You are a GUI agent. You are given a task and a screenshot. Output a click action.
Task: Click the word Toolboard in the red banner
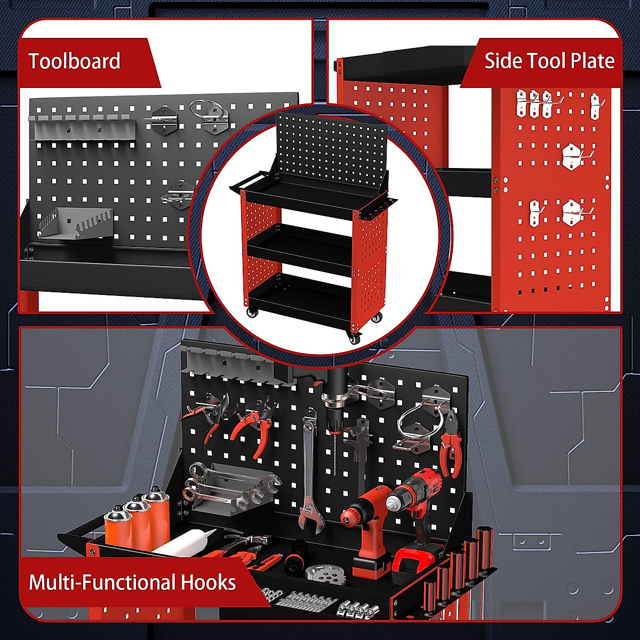(x=74, y=61)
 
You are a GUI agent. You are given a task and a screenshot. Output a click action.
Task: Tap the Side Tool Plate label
(x=549, y=61)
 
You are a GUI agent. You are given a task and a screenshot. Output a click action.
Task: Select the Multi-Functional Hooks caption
(x=132, y=582)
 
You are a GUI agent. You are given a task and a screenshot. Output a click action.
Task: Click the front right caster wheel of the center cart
(x=353, y=337)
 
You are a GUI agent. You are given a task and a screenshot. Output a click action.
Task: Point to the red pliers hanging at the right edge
(x=451, y=442)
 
